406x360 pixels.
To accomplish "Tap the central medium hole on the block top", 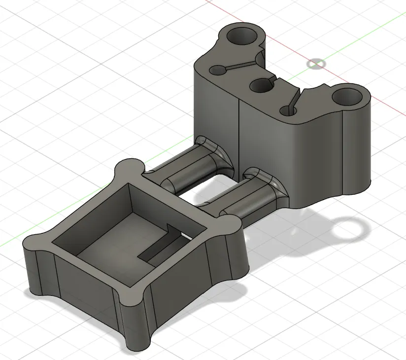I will (x=261, y=86).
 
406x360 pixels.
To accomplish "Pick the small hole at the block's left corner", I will (x=215, y=70).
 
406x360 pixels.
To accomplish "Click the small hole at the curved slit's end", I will (x=288, y=110).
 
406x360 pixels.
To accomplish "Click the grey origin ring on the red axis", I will (x=316, y=64).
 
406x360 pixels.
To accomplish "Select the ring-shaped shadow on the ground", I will (x=350, y=229).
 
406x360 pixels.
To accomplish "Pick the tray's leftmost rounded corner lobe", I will (x=34, y=244).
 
